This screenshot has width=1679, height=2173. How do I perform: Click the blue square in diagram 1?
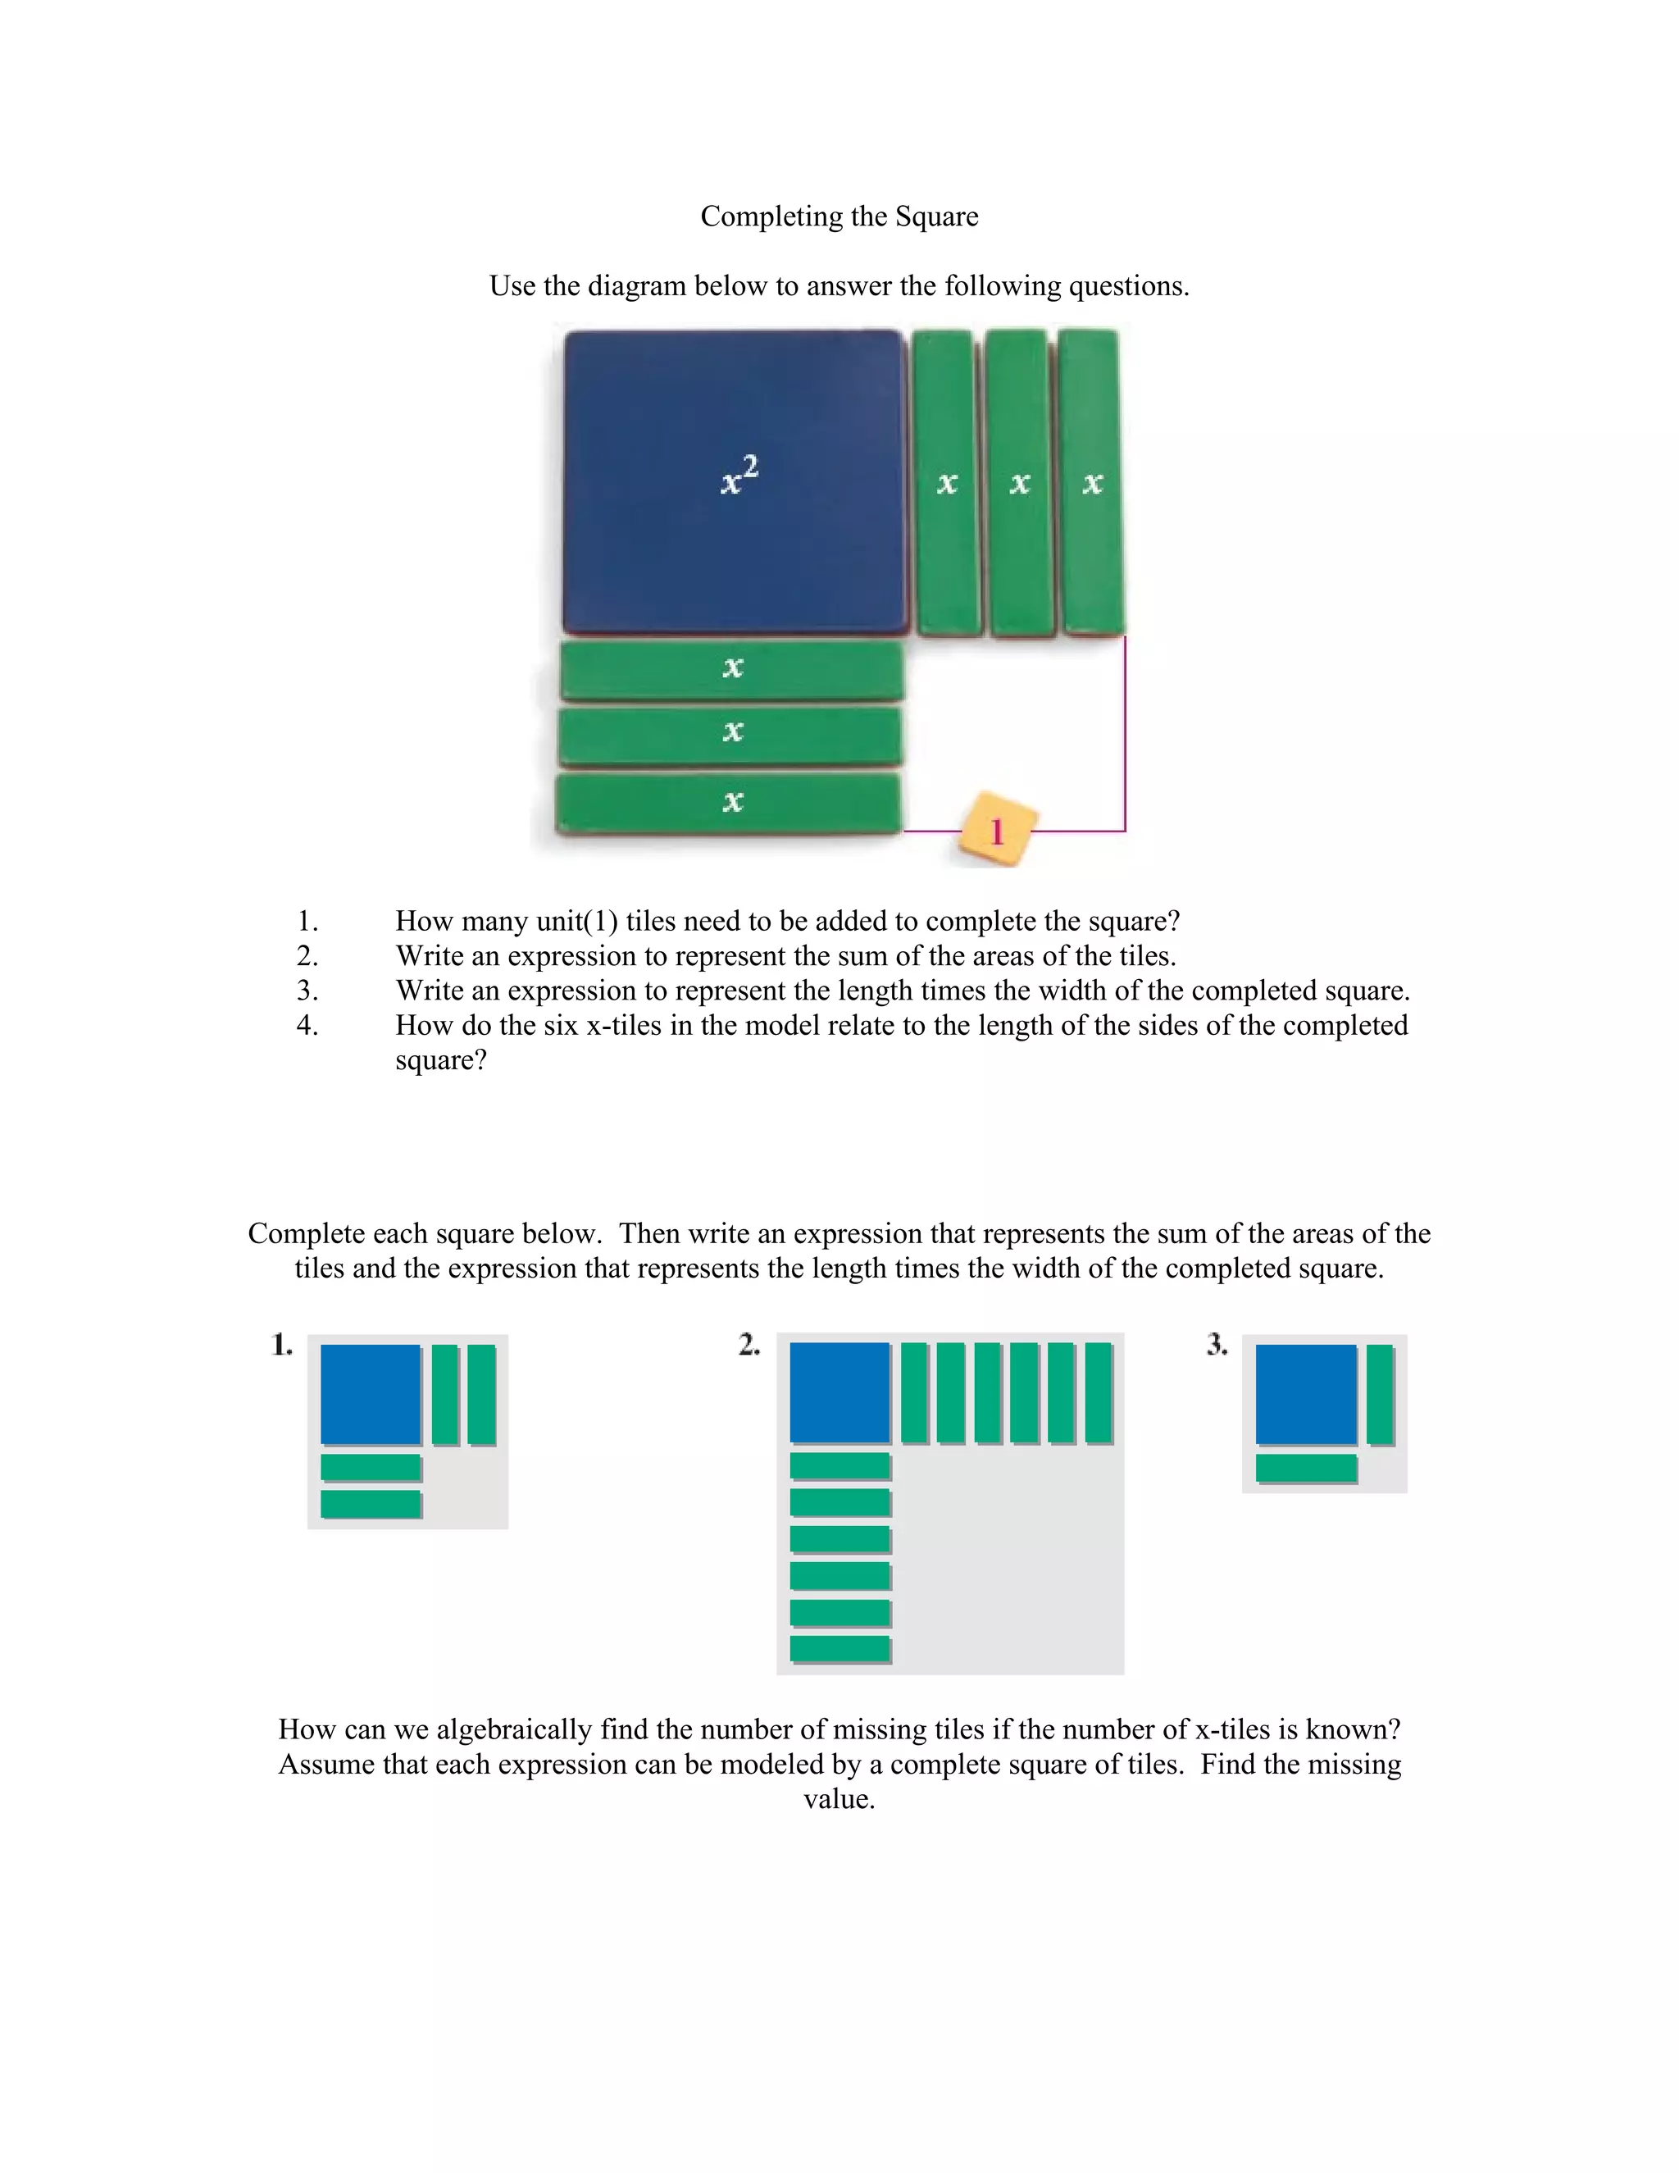point(370,1394)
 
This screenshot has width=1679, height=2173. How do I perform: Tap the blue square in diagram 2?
point(839,1392)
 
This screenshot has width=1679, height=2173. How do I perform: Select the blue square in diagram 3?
point(1305,1394)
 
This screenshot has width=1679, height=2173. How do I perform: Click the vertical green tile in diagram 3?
point(1380,1394)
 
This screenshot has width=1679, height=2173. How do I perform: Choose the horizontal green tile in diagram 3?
point(1306,1468)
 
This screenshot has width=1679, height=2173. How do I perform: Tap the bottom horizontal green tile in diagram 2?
point(839,1649)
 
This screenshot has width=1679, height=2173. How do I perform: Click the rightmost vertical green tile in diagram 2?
point(1098,1392)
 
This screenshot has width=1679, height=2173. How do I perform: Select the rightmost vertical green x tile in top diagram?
point(1091,481)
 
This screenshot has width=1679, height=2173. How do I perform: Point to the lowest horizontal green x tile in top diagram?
point(729,802)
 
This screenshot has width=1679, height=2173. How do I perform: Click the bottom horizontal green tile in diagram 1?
point(370,1503)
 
